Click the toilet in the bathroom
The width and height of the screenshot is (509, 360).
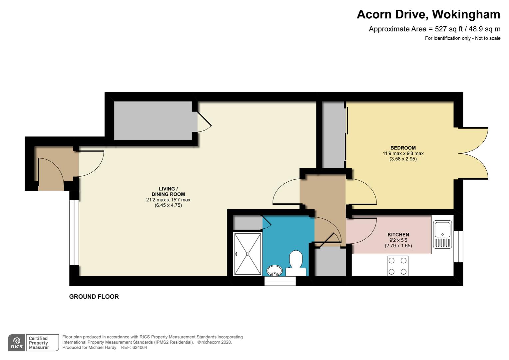[295, 264]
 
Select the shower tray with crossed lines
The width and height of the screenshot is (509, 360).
[248, 254]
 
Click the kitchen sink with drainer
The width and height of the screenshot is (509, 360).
[442, 234]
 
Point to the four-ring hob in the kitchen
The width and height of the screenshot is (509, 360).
[398, 266]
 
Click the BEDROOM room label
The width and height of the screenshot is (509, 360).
[403, 148]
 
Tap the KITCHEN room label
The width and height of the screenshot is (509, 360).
[398, 235]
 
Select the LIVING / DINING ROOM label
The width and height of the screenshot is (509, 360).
[168, 191]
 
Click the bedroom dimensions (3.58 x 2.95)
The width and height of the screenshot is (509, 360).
[403, 159]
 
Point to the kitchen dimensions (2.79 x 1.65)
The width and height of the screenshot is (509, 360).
[398, 246]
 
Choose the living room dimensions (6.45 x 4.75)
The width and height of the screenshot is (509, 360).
[168, 205]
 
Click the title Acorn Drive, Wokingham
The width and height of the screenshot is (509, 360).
[428, 14]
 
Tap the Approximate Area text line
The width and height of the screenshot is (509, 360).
[434, 29]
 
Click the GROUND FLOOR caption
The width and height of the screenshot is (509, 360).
[94, 297]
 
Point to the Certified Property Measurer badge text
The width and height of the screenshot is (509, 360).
[39, 343]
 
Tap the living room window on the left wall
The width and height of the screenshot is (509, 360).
[74, 233]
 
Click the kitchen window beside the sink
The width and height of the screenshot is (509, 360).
[458, 247]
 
